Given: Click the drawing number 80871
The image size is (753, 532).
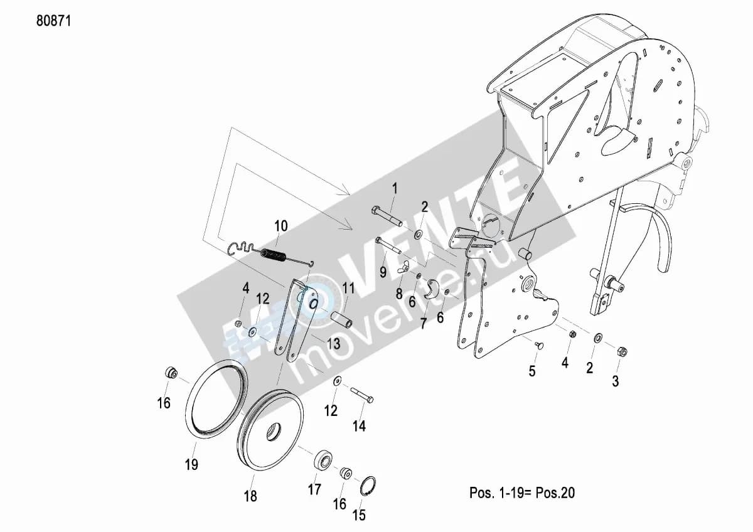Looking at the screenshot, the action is click(54, 21).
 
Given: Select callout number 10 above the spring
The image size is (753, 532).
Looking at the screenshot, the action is click(281, 226).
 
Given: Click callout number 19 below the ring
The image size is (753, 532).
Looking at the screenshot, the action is click(191, 465).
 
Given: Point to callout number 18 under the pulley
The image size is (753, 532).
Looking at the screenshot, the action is click(250, 496).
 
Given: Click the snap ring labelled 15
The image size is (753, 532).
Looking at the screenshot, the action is click(368, 486).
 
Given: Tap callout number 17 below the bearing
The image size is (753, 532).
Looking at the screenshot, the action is click(314, 489).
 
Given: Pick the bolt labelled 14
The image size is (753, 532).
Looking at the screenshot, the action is click(361, 395).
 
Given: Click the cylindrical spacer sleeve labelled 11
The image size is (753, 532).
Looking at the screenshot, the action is click(342, 319).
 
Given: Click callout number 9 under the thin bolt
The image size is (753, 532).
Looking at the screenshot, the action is click(383, 272).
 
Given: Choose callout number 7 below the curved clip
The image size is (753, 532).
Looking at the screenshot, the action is click(423, 324).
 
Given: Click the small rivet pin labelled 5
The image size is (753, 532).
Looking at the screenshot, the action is click(539, 345).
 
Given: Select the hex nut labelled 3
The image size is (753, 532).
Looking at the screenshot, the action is click(622, 352).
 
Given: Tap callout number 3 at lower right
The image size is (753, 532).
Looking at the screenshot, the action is click(615, 381).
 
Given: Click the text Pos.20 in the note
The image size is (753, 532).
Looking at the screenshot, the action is click(555, 492).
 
